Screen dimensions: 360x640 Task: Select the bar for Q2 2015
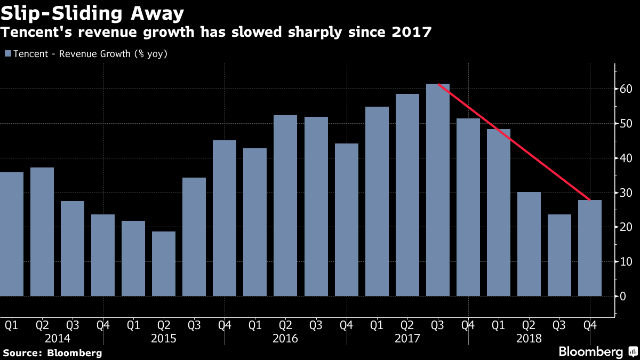pyautogui.click(x=164, y=263)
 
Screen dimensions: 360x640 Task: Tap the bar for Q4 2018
pyautogui.click(x=590, y=248)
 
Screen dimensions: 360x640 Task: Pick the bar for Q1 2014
pyautogui.click(x=11, y=234)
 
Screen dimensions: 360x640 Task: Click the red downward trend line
pyautogui.click(x=514, y=142)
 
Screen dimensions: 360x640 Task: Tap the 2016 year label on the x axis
pyautogui.click(x=285, y=338)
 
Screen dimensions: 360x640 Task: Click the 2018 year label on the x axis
pyautogui.click(x=529, y=338)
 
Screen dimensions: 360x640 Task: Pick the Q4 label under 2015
pyautogui.click(x=225, y=324)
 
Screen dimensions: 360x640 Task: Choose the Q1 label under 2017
pyautogui.click(x=377, y=324)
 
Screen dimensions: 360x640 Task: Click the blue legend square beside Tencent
pyautogui.click(x=7, y=54)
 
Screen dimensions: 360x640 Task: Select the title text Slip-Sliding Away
pyautogui.click(x=93, y=13)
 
